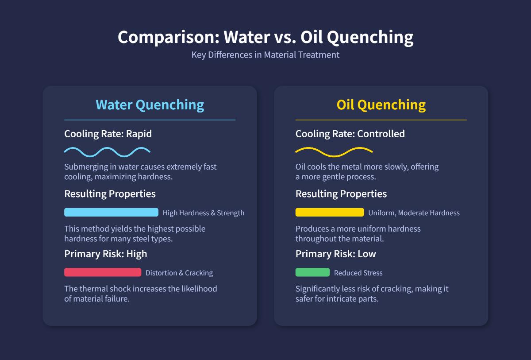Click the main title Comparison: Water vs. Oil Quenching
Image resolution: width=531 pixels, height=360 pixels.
click(265, 37)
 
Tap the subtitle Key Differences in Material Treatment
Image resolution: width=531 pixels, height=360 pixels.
click(265, 55)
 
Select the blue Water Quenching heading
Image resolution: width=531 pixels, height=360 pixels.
click(150, 105)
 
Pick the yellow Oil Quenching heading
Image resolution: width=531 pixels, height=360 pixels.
click(381, 105)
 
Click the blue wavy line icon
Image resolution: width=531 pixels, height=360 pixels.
click(107, 151)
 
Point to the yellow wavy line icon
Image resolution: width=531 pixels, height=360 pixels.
click(334, 151)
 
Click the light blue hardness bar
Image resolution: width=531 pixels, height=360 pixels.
click(111, 213)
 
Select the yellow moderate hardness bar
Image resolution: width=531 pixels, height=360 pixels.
click(330, 213)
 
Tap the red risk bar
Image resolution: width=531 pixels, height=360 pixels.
click(103, 272)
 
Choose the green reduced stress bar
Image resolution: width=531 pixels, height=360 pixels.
click(312, 272)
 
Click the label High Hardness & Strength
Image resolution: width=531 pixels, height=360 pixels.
click(204, 213)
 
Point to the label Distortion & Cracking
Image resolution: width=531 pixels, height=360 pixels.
click(179, 273)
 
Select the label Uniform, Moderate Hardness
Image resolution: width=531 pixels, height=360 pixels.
click(414, 213)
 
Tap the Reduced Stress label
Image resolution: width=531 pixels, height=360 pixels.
click(358, 273)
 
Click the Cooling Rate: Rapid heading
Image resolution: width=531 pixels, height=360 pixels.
click(108, 134)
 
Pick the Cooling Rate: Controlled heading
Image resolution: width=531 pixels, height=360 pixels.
click(350, 134)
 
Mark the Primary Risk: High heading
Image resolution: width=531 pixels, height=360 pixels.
click(105, 254)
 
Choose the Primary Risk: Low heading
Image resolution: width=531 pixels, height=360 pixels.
click(335, 254)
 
